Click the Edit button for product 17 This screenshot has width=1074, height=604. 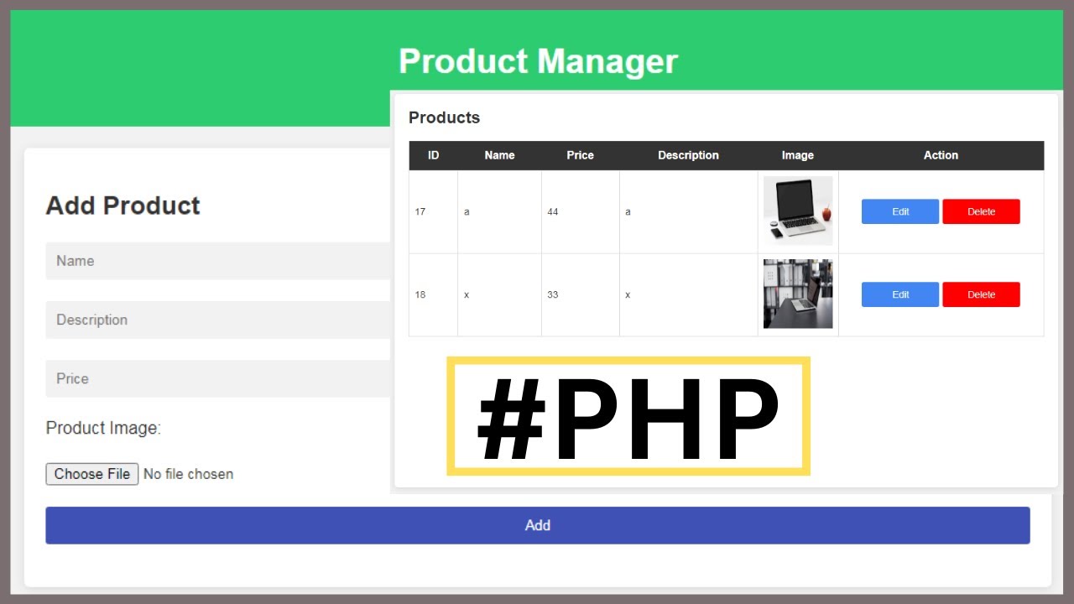(x=899, y=211)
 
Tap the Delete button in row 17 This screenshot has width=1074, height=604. (x=981, y=211)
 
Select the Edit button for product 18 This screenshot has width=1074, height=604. (x=899, y=294)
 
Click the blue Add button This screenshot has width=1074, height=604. (x=537, y=525)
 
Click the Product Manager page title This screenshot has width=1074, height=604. (x=538, y=61)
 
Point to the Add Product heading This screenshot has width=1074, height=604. (x=123, y=206)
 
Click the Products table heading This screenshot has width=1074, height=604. (x=444, y=117)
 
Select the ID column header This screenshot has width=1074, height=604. (x=433, y=155)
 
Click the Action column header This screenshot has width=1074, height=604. (x=941, y=155)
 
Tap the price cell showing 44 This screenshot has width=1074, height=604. (x=553, y=211)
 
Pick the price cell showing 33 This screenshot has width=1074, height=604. (x=553, y=294)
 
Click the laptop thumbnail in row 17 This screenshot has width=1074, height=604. (x=798, y=211)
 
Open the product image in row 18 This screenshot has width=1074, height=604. (x=798, y=294)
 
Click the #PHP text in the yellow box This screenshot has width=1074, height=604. (x=628, y=417)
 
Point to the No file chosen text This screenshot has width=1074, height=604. (x=188, y=474)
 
